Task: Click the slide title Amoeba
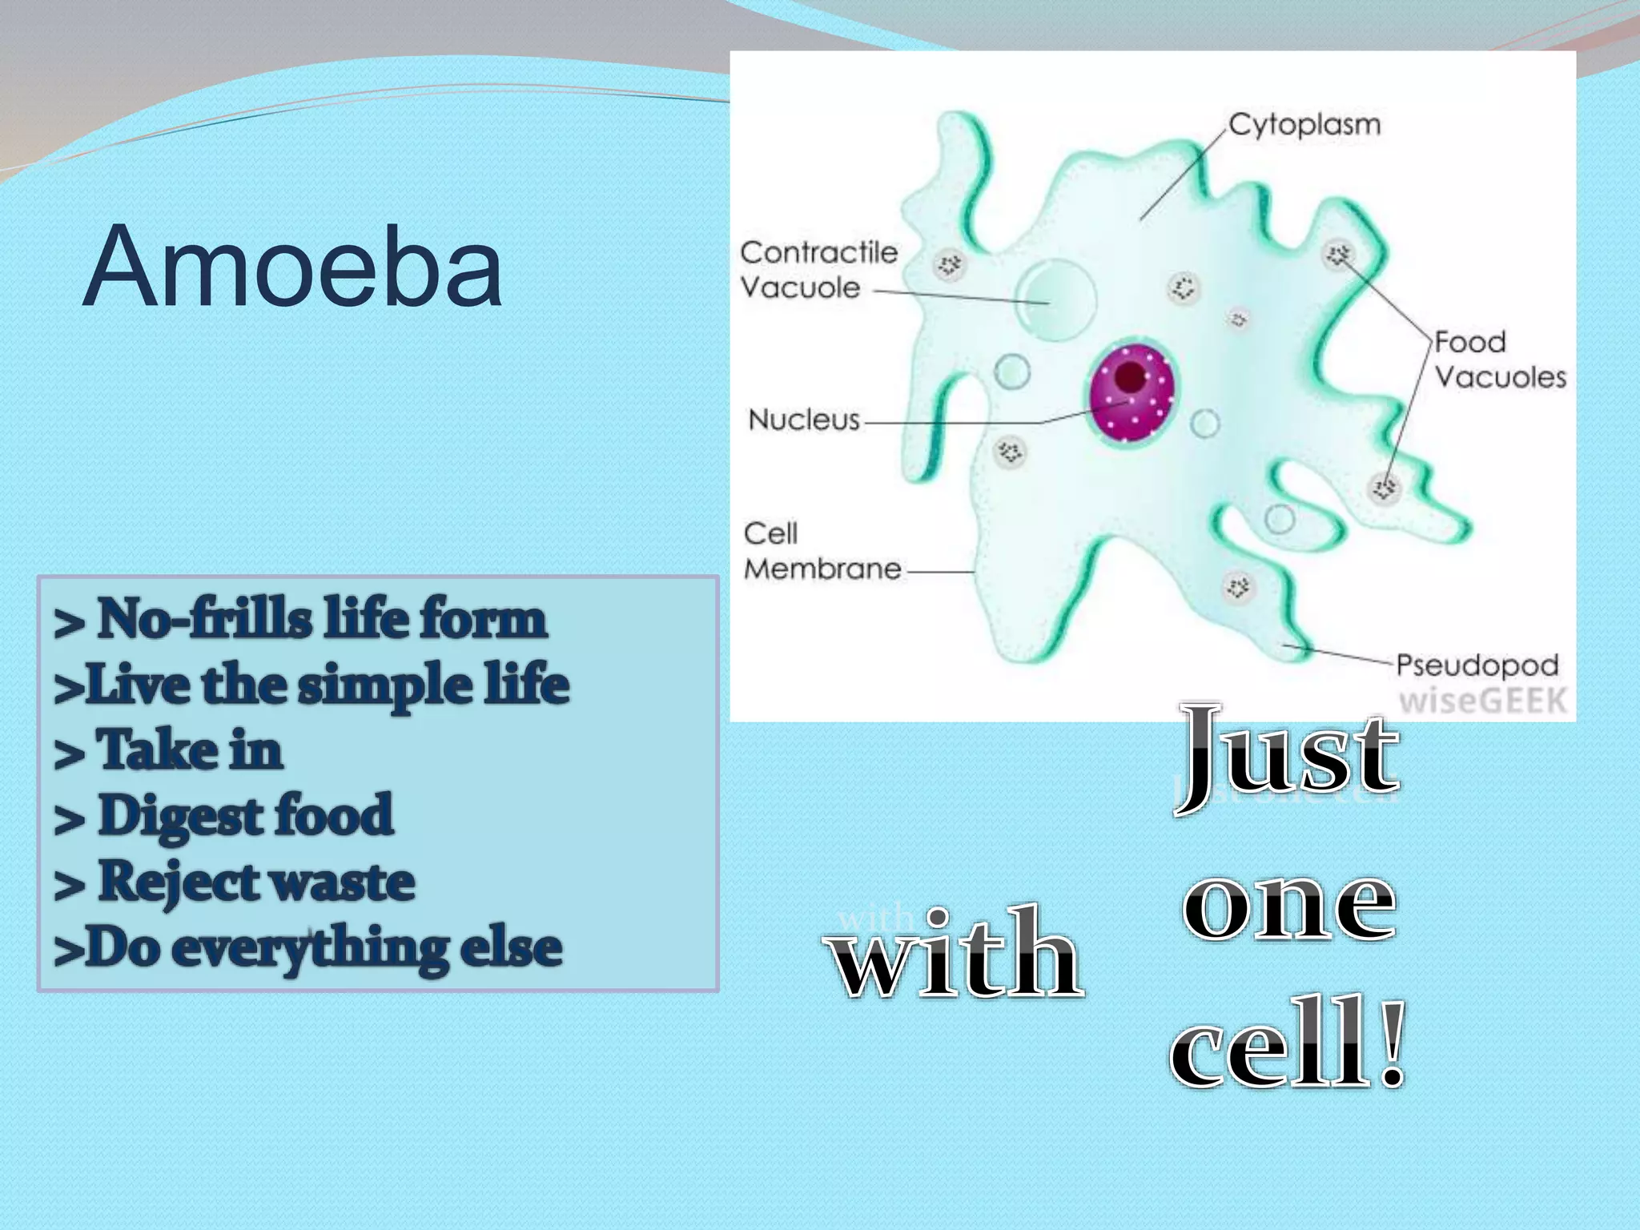(x=292, y=267)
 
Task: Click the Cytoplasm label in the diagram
(x=1304, y=125)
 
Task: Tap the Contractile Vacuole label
(x=818, y=270)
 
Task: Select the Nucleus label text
(x=803, y=420)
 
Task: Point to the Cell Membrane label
(x=822, y=551)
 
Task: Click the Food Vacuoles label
(x=1499, y=360)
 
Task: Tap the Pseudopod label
(x=1477, y=665)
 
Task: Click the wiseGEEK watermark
(x=1482, y=701)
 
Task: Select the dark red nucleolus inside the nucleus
(x=1130, y=376)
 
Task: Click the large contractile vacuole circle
(x=1055, y=298)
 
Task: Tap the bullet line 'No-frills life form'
(x=301, y=619)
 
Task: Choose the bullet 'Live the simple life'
(x=311, y=685)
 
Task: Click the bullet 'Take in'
(x=169, y=750)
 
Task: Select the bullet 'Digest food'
(x=224, y=816)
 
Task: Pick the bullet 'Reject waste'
(x=235, y=882)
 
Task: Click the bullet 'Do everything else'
(x=307, y=947)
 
